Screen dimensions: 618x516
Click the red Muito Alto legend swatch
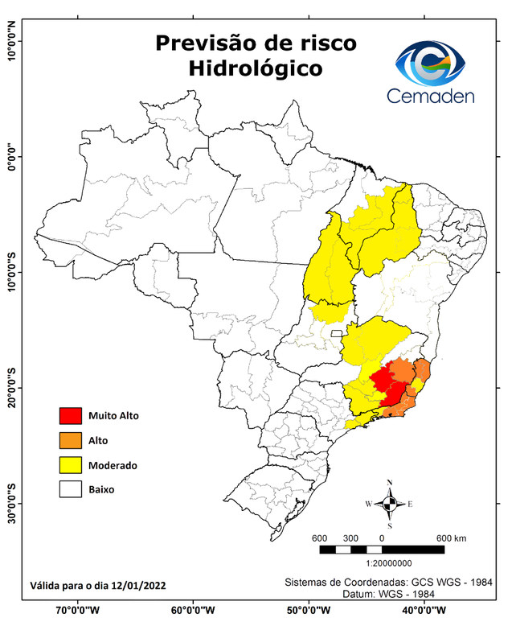[71, 416]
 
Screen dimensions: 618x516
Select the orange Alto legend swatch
[71, 441]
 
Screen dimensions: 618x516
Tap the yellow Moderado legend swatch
[71, 465]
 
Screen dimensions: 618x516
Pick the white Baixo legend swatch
[71, 489]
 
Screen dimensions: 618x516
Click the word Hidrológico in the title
[256, 68]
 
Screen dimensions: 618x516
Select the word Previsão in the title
[206, 43]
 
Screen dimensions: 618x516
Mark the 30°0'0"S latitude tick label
[12, 503]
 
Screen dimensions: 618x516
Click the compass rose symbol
[389, 504]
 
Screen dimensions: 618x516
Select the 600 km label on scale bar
[452, 538]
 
